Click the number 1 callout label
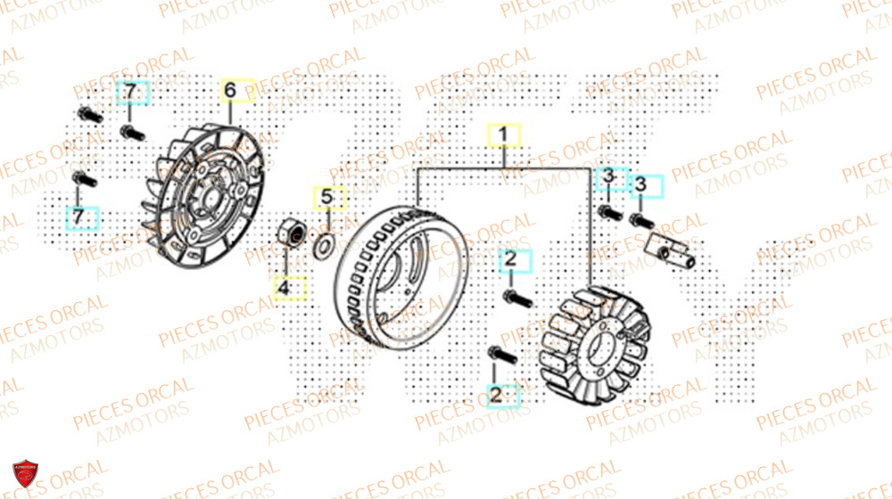[x=503, y=135]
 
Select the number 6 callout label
[x=229, y=90]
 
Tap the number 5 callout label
[x=326, y=196]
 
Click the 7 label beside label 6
[x=130, y=92]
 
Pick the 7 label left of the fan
[x=78, y=217]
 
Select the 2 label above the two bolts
[x=511, y=260]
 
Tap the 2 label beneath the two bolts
[x=497, y=393]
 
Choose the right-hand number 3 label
[x=640, y=185]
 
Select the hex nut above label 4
[x=290, y=231]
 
